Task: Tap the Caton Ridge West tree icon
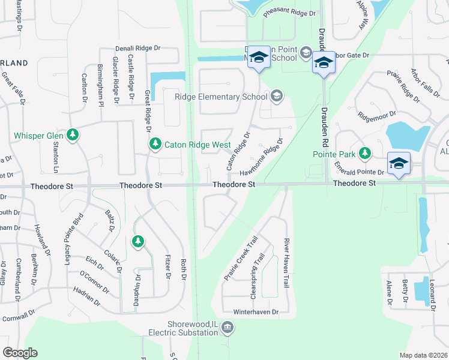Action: point(155,144)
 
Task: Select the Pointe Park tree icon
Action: point(364,154)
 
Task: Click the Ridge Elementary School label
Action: point(221,97)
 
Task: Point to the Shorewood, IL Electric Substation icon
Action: point(227,327)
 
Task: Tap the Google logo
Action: point(20,352)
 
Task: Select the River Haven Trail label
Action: point(286,263)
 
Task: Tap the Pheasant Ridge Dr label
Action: point(289,13)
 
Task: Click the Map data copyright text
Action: point(424,355)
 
